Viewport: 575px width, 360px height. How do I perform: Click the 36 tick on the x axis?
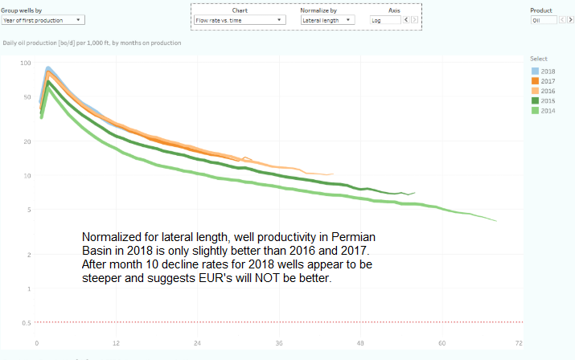click(279, 342)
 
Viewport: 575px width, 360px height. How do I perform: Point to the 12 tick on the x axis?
click(117, 342)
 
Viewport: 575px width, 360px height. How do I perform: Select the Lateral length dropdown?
click(328, 19)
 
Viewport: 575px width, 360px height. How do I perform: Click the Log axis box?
click(382, 19)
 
